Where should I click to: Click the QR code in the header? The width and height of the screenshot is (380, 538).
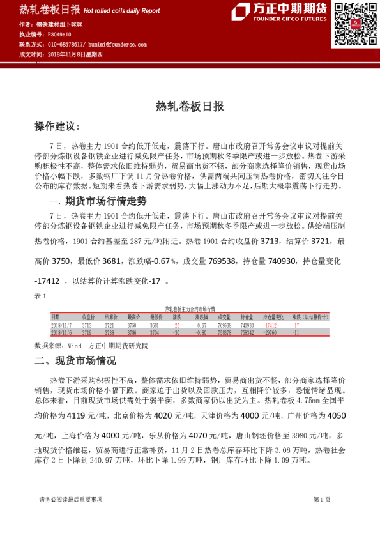[351, 24]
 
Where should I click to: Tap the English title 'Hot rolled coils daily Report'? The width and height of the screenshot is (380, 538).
[121, 11]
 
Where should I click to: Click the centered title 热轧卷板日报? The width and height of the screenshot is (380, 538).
[190, 107]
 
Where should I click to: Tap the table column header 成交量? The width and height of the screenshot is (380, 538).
[224, 317]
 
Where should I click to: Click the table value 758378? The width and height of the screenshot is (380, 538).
[224, 332]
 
